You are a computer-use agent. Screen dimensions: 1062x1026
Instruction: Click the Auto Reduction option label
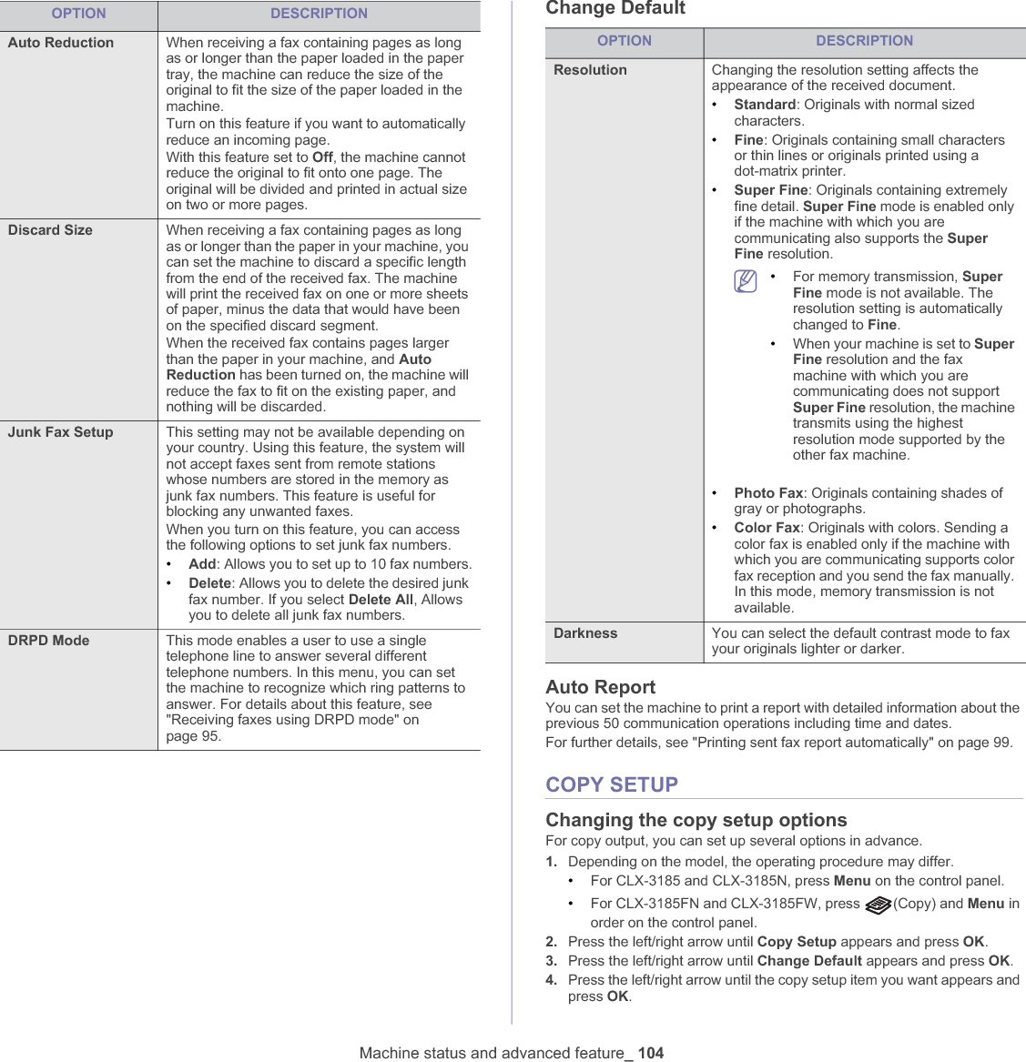[61, 43]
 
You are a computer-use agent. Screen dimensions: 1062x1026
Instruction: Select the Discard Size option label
[50, 230]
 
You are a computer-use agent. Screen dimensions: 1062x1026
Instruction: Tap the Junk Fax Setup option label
[60, 432]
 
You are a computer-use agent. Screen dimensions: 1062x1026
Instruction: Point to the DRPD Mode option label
[48, 641]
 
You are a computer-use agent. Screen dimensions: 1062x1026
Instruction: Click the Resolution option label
[590, 70]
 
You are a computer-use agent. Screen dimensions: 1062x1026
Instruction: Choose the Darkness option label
[585, 633]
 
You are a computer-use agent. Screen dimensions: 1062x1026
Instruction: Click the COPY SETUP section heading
[612, 784]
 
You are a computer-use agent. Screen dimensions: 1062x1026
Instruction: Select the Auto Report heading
[600, 687]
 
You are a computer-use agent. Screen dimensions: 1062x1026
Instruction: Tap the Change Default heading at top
[615, 8]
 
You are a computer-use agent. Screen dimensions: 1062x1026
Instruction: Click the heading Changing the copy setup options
[696, 820]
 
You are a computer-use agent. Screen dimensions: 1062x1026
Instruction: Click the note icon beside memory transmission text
[746, 282]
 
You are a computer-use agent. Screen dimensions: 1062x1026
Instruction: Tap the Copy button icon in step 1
[878, 905]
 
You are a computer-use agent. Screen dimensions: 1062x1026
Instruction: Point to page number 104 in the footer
[650, 1053]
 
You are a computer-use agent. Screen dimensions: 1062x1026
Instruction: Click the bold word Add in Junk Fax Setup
[202, 564]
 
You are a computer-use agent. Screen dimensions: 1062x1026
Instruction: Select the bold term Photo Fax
[768, 493]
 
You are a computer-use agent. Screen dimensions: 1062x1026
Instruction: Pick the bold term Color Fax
[767, 528]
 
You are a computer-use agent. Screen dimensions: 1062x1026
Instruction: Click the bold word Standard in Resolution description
[765, 105]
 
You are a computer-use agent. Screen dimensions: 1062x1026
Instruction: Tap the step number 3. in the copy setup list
[552, 961]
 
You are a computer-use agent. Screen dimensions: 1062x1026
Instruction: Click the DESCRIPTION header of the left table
[319, 14]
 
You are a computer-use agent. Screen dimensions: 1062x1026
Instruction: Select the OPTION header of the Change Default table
[624, 41]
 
